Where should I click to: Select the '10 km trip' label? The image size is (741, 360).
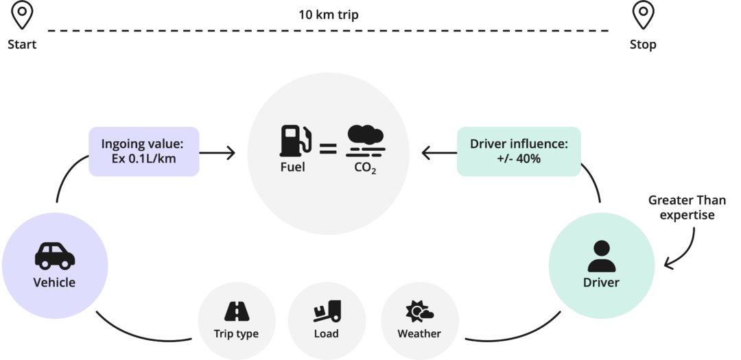[x=328, y=14]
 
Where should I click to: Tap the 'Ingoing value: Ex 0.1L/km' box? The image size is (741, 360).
[x=144, y=151]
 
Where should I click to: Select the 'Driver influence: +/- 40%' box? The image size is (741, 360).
[x=519, y=151]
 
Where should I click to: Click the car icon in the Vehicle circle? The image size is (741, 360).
[x=54, y=256]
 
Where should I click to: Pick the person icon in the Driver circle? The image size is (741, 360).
[x=601, y=256]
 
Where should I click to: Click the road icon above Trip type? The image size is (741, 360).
[x=236, y=312]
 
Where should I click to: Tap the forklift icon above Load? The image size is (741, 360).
[x=326, y=312]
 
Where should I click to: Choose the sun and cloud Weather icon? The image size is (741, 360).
[x=419, y=312]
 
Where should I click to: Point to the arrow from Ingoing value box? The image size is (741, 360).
[x=217, y=152]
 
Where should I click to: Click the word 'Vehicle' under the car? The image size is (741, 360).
[x=54, y=283]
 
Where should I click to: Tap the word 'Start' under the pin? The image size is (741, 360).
[x=22, y=45]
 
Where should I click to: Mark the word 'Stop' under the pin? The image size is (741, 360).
[x=643, y=45]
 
